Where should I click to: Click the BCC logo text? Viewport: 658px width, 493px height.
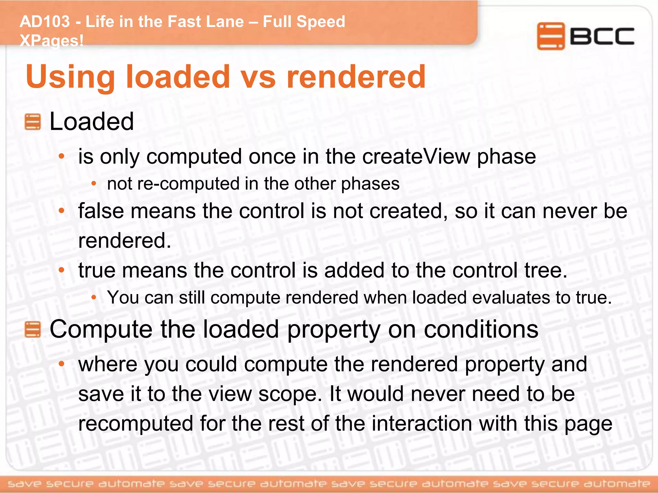pyautogui.click(x=602, y=36)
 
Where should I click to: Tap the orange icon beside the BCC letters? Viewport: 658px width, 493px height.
pyautogui.click(x=551, y=36)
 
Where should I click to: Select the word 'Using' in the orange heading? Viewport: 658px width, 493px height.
pyautogui.click(x=70, y=77)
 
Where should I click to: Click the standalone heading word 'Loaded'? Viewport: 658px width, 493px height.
pyautogui.click(x=92, y=122)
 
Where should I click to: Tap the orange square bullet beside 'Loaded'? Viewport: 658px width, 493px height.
pyautogui.click(x=32, y=122)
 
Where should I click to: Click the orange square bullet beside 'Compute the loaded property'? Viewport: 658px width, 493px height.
pyautogui.click(x=32, y=330)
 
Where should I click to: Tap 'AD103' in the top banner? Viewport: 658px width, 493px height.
pyautogui.click(x=45, y=22)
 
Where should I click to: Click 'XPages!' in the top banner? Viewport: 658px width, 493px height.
pyautogui.click(x=51, y=41)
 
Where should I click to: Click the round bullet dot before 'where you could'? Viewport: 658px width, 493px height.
pyautogui.click(x=62, y=364)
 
